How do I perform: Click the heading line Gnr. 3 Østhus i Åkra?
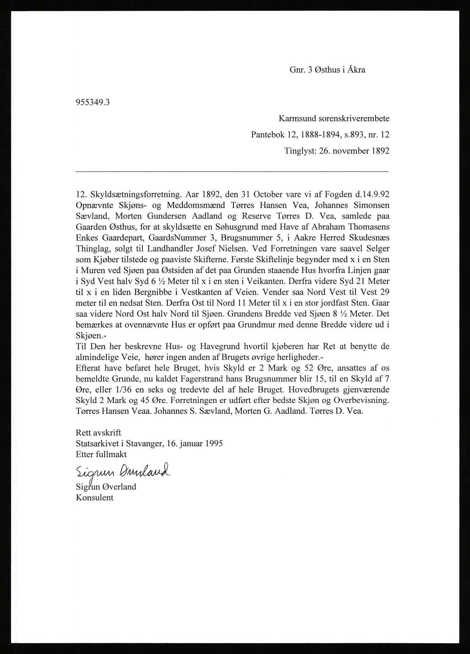click(x=327, y=70)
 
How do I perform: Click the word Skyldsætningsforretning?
click(x=139, y=194)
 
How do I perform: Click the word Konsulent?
click(x=95, y=497)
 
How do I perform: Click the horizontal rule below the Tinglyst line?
click(x=232, y=172)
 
